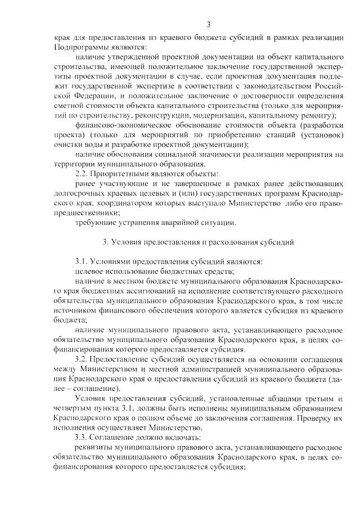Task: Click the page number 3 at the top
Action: (209, 24)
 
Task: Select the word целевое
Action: (91, 271)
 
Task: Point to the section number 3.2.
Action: (81, 359)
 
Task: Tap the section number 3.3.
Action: (81, 437)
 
